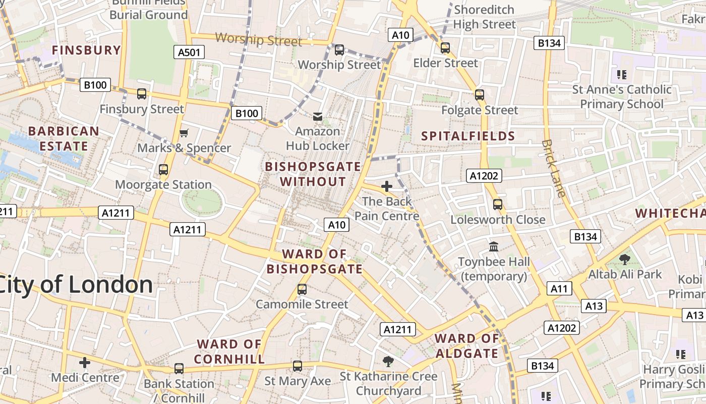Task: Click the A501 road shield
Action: point(190,52)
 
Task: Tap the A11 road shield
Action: point(559,288)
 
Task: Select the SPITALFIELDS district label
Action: point(468,136)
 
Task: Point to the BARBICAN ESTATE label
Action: point(64,139)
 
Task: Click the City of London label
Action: point(76,285)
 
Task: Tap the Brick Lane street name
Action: point(554,168)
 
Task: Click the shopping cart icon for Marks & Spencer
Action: point(184,133)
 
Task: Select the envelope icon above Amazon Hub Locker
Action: point(318,117)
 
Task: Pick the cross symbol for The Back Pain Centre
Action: point(387,186)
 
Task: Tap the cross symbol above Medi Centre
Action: point(85,362)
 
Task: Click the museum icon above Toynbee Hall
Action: point(494,247)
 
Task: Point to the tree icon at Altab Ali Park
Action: point(625,260)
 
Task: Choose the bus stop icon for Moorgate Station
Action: point(163,170)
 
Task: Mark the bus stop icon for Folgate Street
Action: point(480,95)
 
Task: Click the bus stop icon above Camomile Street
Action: point(302,289)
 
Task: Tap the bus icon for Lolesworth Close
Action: point(498,205)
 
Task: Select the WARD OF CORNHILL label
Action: point(229,351)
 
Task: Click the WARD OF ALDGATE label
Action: point(467,346)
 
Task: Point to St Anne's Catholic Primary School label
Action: point(621,97)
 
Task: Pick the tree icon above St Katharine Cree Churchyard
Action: point(388,361)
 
